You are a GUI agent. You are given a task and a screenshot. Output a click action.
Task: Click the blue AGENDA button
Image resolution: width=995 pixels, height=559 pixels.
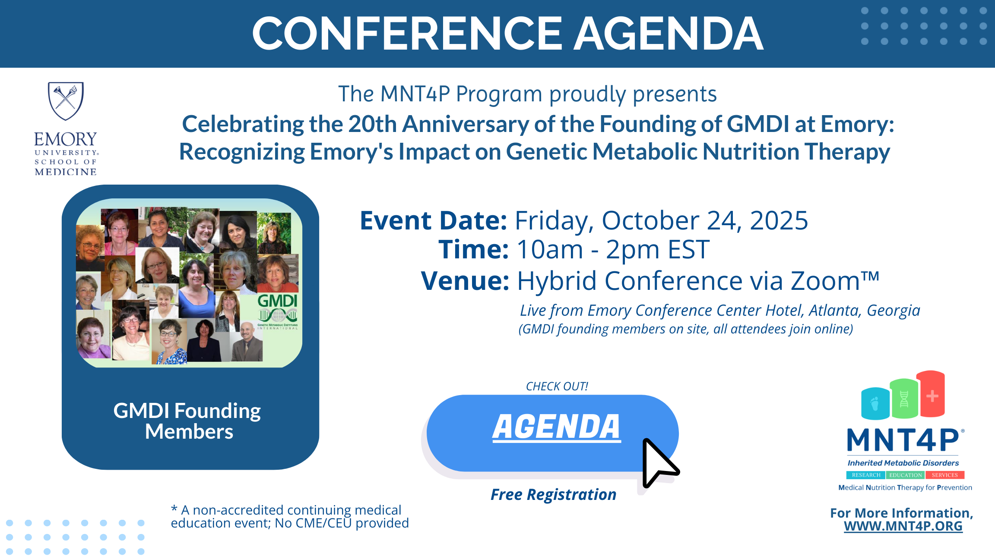click(x=552, y=433)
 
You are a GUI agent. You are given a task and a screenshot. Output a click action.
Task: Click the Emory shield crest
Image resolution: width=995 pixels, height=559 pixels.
click(x=66, y=101)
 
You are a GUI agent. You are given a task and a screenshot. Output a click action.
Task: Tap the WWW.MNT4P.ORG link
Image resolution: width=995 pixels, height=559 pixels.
click(x=903, y=526)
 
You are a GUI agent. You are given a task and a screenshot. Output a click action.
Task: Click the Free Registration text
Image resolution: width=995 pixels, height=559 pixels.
click(x=554, y=495)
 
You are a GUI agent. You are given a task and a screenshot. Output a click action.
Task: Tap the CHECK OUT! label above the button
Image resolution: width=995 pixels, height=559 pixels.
click(x=557, y=386)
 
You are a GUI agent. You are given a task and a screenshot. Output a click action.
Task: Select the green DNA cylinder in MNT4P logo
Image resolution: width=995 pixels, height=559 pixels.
click(x=904, y=398)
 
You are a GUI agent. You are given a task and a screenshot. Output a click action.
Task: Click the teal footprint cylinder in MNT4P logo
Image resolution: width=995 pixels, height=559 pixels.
click(x=875, y=403)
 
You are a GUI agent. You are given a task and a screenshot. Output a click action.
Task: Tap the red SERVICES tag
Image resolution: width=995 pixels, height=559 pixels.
click(x=945, y=475)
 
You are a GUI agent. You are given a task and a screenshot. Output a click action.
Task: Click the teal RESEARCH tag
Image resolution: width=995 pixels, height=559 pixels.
click(x=866, y=475)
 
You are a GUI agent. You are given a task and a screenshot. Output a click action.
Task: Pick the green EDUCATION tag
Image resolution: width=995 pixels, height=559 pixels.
click(x=906, y=475)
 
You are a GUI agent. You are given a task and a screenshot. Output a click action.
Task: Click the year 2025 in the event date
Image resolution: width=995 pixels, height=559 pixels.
click(x=779, y=220)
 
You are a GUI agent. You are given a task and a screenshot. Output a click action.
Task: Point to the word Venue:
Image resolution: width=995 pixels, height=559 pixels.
click(x=466, y=281)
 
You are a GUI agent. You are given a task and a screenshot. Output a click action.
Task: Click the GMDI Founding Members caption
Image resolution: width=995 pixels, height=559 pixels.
click(x=187, y=421)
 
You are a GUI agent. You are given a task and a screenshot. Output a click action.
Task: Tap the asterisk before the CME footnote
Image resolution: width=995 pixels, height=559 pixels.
click(x=174, y=509)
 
